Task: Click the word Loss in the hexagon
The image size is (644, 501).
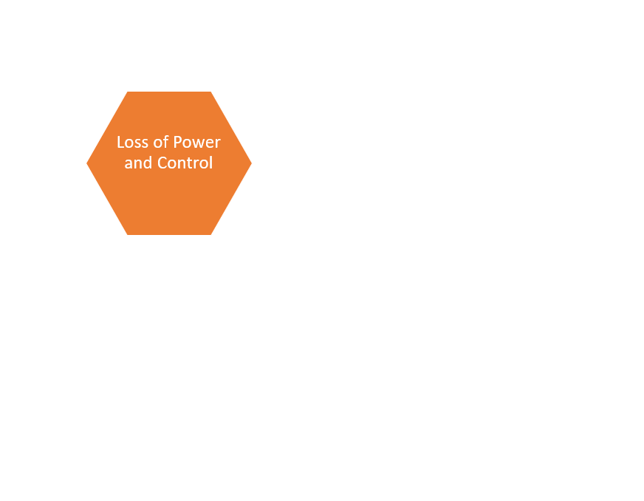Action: (x=132, y=142)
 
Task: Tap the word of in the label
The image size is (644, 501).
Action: (x=161, y=142)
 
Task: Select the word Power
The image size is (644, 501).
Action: (x=197, y=142)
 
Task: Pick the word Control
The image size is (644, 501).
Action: (x=185, y=163)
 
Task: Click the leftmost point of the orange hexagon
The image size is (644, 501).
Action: (x=86, y=163)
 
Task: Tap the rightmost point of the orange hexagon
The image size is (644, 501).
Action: (x=252, y=163)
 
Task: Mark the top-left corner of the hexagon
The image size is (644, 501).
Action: (x=128, y=92)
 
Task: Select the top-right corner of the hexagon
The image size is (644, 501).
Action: (x=210, y=92)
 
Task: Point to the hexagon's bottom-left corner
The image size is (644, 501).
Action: (x=128, y=235)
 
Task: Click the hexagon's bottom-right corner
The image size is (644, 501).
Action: (x=210, y=235)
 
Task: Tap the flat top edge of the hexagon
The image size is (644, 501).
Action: (x=169, y=92)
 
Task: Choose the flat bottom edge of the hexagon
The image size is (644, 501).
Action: (x=169, y=235)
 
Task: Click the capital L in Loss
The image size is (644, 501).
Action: (x=120, y=142)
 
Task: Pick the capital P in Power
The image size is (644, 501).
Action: (x=177, y=142)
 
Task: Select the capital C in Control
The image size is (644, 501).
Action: (x=162, y=163)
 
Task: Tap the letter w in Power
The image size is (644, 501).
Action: (x=198, y=144)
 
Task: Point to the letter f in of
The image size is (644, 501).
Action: (x=166, y=142)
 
